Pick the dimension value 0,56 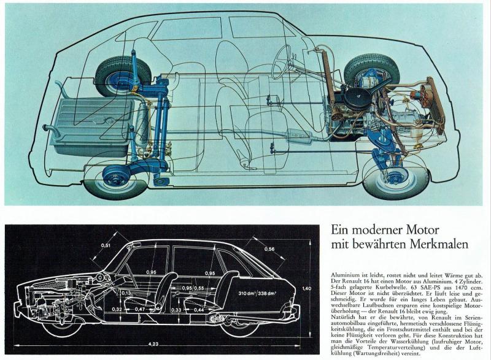point(268,249)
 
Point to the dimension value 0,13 point(126,293)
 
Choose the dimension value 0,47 point(141,310)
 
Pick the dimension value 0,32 point(117,310)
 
